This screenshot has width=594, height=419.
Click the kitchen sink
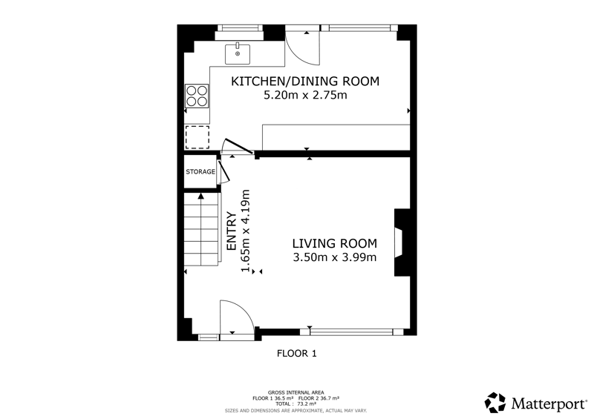pos(238,53)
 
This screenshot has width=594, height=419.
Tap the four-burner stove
pos(197,96)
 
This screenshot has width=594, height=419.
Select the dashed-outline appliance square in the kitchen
pos(197,137)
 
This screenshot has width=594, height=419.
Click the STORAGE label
pos(200,172)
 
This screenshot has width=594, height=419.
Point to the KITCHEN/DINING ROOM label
pos(305,82)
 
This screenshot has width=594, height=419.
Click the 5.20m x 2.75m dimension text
pos(305,95)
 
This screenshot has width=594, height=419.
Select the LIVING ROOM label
pos(335,243)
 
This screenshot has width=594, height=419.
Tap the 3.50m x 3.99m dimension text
pos(335,257)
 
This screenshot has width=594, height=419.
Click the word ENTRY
pos(232,231)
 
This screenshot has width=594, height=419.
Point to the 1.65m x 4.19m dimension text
pos(246,231)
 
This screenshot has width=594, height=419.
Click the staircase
pos(201,229)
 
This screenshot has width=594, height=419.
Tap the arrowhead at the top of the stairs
pos(200,196)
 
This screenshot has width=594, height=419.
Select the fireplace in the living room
pos(402,243)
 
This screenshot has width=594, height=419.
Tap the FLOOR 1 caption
pos(296,354)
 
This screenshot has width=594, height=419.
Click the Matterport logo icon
pos(495,403)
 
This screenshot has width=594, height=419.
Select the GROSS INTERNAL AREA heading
pos(296,393)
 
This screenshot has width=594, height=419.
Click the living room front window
pos(351,332)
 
